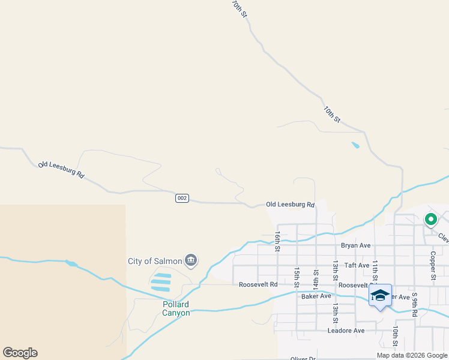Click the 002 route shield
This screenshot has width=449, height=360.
(x=182, y=198)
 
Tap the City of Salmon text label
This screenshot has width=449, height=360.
(x=154, y=261)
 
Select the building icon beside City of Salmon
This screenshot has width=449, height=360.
(x=191, y=260)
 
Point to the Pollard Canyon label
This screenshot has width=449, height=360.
(x=176, y=308)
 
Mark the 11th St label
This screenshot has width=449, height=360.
(x=375, y=271)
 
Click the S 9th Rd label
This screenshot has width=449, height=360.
(x=414, y=304)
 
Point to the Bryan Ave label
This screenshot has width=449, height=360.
(x=356, y=245)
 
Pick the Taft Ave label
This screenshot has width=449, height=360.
(x=357, y=265)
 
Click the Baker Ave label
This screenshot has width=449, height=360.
(x=316, y=296)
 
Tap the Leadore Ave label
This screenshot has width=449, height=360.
(x=346, y=331)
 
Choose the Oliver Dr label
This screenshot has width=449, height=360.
(x=303, y=358)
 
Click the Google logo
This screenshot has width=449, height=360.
(x=20, y=353)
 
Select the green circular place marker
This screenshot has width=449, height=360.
(x=430, y=220)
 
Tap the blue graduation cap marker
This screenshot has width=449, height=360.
(x=379, y=296)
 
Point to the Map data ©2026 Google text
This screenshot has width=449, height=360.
(x=412, y=355)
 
